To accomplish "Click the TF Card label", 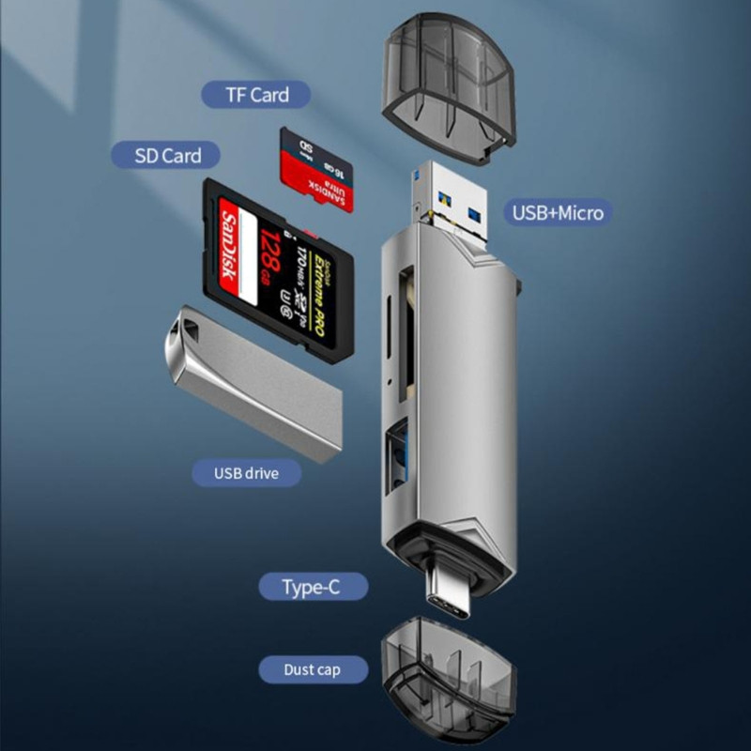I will tap(255, 95).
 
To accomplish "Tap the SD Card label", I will tap(168, 155).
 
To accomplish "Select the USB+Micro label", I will tap(558, 212).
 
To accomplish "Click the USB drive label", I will tap(246, 472).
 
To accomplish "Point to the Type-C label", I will tap(313, 588).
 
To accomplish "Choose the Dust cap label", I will tap(312, 670).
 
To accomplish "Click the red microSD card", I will tap(317, 170).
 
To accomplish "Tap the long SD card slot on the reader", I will tap(406, 329).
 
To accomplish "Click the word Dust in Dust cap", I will tap(299, 670).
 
